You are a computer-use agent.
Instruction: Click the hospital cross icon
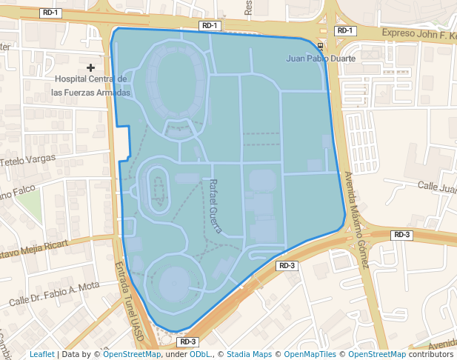[x=91, y=67]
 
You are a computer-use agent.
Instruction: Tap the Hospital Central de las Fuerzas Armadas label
[x=92, y=85]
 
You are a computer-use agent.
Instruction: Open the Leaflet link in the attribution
[x=41, y=354]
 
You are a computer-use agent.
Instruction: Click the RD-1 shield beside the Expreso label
[x=345, y=30]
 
